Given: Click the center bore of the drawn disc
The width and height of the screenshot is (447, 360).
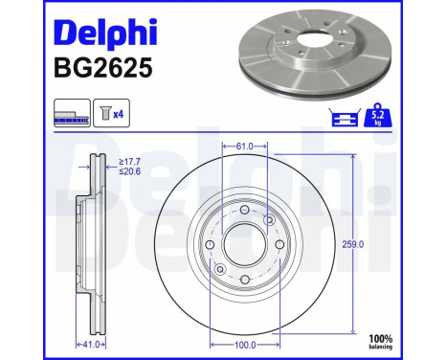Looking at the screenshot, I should coord(243,245).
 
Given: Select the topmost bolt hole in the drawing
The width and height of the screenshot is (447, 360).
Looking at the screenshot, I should coord(243,212).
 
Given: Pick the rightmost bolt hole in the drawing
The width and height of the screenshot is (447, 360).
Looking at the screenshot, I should coord(278,245).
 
